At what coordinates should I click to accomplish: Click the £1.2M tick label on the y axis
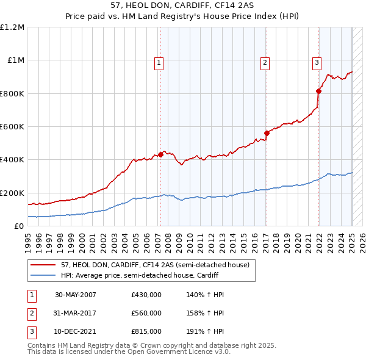click(x=12, y=27)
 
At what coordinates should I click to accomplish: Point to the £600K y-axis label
click(x=12, y=127)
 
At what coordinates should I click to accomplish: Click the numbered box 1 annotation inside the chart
click(x=159, y=62)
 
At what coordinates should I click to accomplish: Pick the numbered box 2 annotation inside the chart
click(x=265, y=62)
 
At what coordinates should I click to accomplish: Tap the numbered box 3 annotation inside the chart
click(x=317, y=62)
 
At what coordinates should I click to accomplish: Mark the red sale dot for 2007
click(x=160, y=155)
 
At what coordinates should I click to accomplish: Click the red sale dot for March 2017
click(x=267, y=133)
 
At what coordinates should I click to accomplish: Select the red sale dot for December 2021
click(x=318, y=91)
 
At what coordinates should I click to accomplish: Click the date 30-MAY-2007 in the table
click(x=76, y=295)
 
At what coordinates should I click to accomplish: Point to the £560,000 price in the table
click(x=146, y=313)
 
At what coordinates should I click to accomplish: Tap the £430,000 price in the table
click(x=146, y=295)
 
